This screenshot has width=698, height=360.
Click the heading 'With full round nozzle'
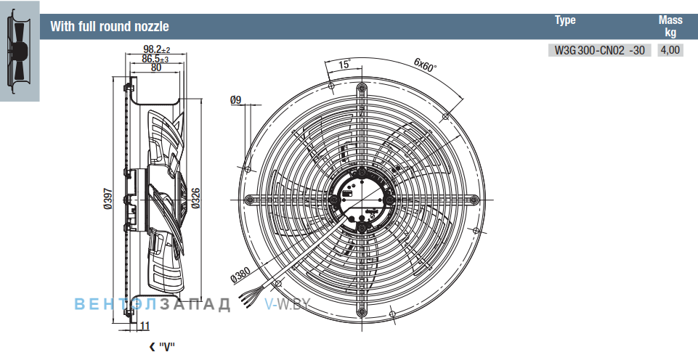(x=110, y=26)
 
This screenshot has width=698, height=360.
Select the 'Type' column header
(x=565, y=20)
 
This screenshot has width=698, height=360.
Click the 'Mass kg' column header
(x=670, y=26)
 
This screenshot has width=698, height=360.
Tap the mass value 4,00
(x=670, y=50)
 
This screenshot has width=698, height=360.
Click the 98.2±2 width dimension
(x=157, y=49)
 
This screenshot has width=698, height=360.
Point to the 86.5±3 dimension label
(x=156, y=58)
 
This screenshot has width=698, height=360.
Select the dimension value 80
(x=156, y=67)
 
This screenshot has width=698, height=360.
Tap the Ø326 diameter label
(x=196, y=198)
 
